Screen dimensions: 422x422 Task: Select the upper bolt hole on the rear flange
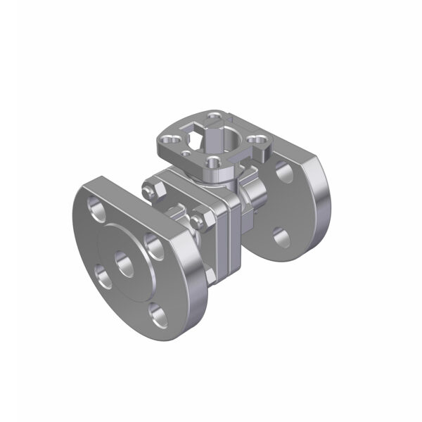pyautogui.click(x=285, y=171)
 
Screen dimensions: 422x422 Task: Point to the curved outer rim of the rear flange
pyautogui.click(x=324, y=204)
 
